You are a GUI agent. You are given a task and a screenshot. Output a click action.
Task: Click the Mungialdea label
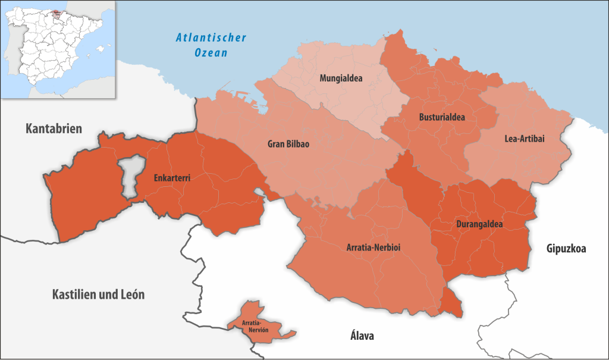click(x=341, y=78)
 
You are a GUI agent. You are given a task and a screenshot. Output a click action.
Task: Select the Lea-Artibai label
click(x=524, y=138)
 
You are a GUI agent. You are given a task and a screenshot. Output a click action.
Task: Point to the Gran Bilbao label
click(x=288, y=144)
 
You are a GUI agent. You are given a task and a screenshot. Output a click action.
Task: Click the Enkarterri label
click(x=172, y=177)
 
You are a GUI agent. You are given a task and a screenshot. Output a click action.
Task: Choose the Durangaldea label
click(x=479, y=225)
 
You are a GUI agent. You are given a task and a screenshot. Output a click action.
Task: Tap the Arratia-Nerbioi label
click(x=373, y=247)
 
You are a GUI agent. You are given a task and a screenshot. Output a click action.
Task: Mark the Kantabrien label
click(x=54, y=128)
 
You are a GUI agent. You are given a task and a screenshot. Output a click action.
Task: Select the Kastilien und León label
click(x=98, y=295)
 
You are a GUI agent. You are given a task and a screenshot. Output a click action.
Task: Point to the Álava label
click(x=362, y=336)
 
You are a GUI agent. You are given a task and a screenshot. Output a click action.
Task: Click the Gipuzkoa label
click(x=566, y=249)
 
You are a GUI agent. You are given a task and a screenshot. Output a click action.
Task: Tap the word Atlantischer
click(x=211, y=38)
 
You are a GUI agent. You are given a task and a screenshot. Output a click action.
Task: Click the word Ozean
click(x=211, y=52)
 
